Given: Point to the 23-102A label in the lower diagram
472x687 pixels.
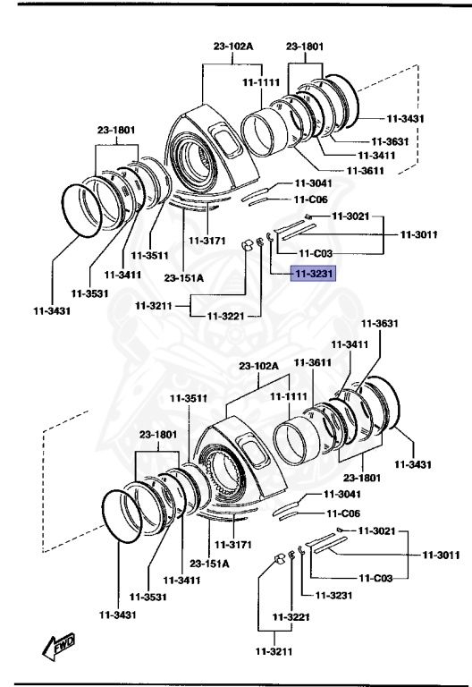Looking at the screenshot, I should (259, 366).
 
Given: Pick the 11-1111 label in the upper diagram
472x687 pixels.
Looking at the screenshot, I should (260, 82).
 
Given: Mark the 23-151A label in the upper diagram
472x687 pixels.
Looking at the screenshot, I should (185, 278).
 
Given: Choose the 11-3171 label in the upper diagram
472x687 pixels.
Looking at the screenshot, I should (206, 241).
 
